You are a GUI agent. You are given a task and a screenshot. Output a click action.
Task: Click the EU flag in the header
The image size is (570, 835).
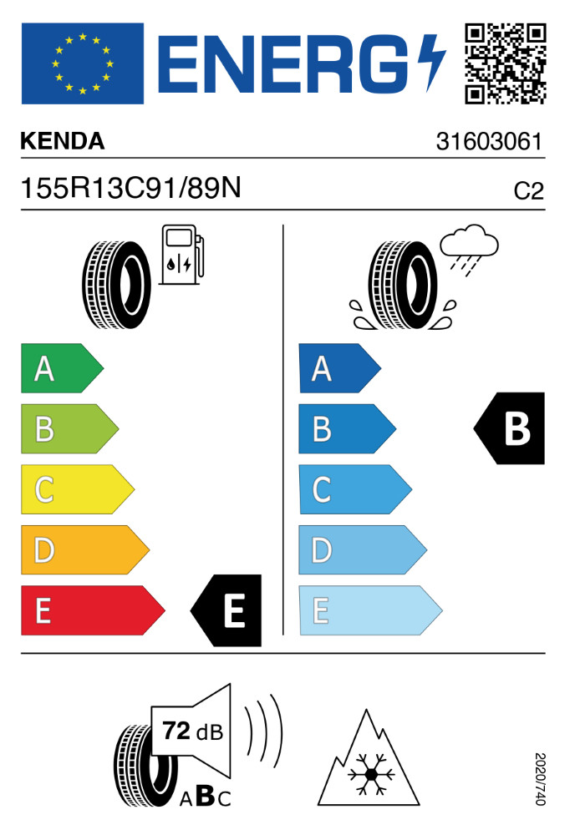[x=82, y=63]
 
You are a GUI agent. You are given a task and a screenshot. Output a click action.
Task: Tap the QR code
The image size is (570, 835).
[x=505, y=63]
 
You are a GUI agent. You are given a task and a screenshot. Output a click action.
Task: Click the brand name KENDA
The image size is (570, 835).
[x=63, y=142]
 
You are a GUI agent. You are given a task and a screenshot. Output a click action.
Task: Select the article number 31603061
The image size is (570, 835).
[x=490, y=142]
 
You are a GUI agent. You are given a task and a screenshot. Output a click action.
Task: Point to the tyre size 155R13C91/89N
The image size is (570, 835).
[x=131, y=190]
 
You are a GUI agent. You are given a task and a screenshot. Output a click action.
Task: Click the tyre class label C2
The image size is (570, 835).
[x=527, y=192]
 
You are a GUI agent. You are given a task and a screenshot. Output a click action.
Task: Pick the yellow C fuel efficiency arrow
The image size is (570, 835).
[x=76, y=489]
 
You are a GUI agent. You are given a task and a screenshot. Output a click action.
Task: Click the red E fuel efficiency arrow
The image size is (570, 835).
[x=91, y=610]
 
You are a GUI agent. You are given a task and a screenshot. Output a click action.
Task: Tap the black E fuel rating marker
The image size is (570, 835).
[x=227, y=610]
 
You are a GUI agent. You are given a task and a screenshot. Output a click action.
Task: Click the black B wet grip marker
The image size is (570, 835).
[x=510, y=428]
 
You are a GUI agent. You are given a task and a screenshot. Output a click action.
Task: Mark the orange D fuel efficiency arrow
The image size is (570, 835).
[x=84, y=549]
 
